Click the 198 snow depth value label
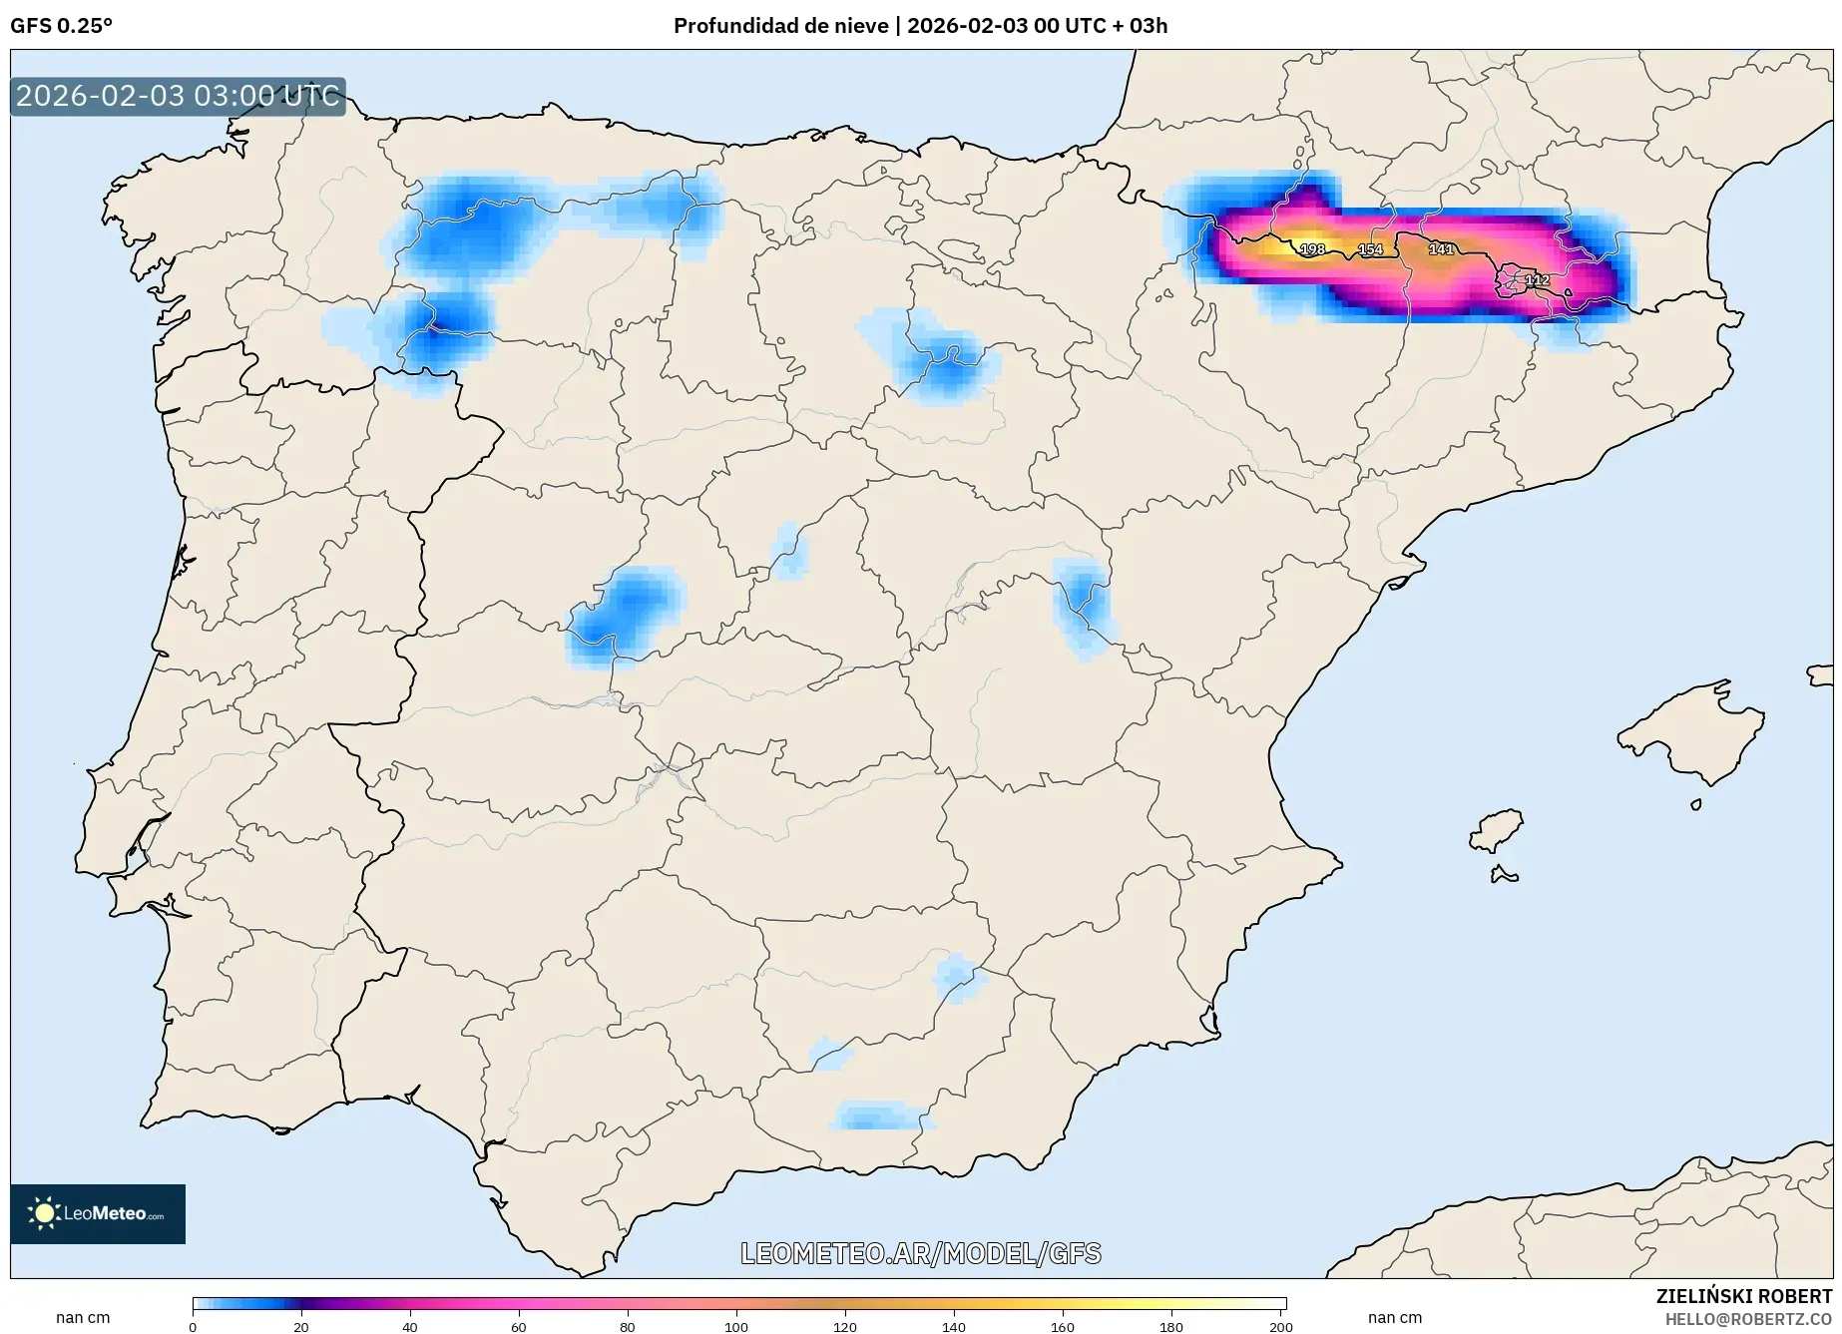click(x=1312, y=249)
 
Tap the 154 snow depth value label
click(x=1371, y=249)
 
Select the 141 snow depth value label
click(x=1441, y=248)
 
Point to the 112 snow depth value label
click(x=1538, y=280)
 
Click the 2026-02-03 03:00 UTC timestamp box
click(x=178, y=96)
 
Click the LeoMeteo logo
click(x=98, y=1213)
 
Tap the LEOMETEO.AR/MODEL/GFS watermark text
click(x=920, y=1253)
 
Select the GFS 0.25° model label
click(x=62, y=26)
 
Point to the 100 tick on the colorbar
click(x=736, y=1326)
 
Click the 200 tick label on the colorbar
click(x=1280, y=1326)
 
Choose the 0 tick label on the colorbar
click(x=193, y=1326)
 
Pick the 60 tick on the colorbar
click(x=519, y=1326)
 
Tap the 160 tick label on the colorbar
click(x=1063, y=1326)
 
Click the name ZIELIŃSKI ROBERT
click(x=1743, y=1296)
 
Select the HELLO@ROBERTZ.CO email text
click(x=1748, y=1319)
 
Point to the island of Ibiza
click(x=1497, y=830)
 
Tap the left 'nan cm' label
click(x=83, y=1317)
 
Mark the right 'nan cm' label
click(x=1394, y=1317)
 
